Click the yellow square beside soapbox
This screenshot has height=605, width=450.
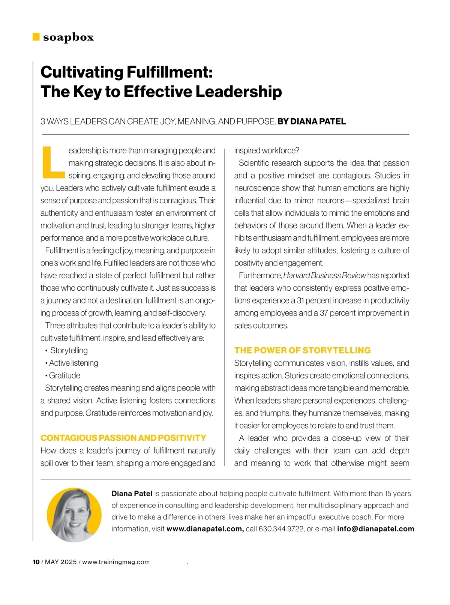(x=36, y=37)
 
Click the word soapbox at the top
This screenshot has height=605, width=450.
(x=68, y=37)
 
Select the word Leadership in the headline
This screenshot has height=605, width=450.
(x=238, y=92)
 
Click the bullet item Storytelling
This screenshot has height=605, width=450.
(x=69, y=350)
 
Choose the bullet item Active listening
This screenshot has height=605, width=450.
(x=73, y=363)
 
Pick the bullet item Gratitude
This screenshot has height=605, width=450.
(x=64, y=375)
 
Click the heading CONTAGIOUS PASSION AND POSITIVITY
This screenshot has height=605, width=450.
(x=123, y=438)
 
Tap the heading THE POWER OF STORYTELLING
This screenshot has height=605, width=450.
(x=302, y=350)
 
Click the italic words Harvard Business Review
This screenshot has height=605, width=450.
(x=324, y=276)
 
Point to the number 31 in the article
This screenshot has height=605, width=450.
(x=301, y=300)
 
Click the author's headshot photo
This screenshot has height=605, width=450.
(x=74, y=515)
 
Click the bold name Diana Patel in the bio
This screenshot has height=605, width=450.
(x=132, y=494)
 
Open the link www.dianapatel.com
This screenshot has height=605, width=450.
(x=205, y=529)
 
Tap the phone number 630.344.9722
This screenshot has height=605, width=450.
(x=281, y=529)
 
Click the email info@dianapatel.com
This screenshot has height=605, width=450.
(x=375, y=529)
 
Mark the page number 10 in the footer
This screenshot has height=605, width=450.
(x=36, y=562)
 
